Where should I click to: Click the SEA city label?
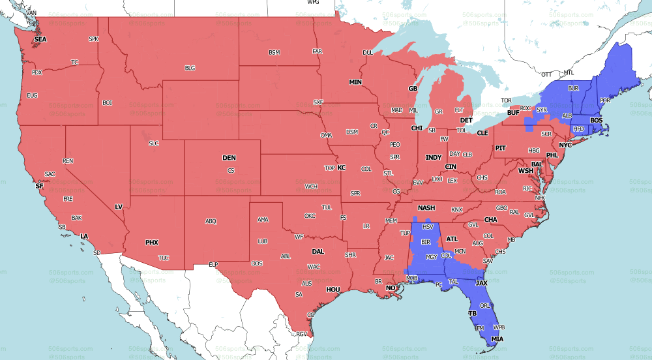click(40, 39)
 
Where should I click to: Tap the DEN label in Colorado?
click(229, 158)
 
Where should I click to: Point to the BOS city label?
click(596, 121)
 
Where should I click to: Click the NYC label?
click(565, 144)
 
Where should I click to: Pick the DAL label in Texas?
click(318, 251)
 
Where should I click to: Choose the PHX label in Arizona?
click(151, 243)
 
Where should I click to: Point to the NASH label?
click(426, 207)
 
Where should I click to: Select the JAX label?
click(481, 283)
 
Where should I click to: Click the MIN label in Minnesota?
click(355, 82)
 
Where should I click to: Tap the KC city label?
click(341, 168)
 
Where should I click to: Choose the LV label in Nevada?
click(119, 207)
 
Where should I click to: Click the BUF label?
click(512, 113)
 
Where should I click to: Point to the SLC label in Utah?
click(154, 143)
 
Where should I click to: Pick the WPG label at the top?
click(314, 3)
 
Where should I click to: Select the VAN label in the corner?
click(31, 13)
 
